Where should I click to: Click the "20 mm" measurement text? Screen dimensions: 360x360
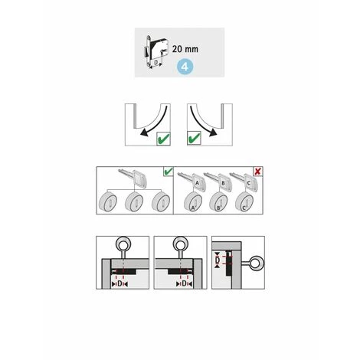pyautogui.click(x=185, y=49)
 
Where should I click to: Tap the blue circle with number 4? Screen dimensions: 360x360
pyautogui.click(x=185, y=67)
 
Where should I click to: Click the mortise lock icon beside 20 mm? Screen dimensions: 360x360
pyautogui.click(x=155, y=51)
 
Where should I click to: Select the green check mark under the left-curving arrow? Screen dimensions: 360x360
pyautogui.click(x=163, y=139)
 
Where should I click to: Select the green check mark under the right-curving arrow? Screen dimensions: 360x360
pyautogui.click(x=194, y=139)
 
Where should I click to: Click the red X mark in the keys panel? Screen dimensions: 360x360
pyautogui.click(x=257, y=171)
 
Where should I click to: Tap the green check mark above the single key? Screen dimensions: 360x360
pyautogui.click(x=169, y=171)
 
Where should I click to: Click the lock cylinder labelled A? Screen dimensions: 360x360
pyautogui.click(x=193, y=202)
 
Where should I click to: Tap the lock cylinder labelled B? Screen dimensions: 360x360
pyautogui.click(x=218, y=202)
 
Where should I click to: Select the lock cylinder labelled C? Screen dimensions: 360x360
pyautogui.click(x=244, y=202)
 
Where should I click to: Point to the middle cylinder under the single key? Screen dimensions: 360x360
pyautogui.click(x=134, y=202)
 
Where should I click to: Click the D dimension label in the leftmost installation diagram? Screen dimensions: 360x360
pyautogui.click(x=119, y=283)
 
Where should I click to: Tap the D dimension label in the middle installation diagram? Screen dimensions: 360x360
pyautogui.click(x=184, y=283)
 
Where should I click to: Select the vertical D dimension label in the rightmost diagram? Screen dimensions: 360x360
pyautogui.click(x=218, y=260)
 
